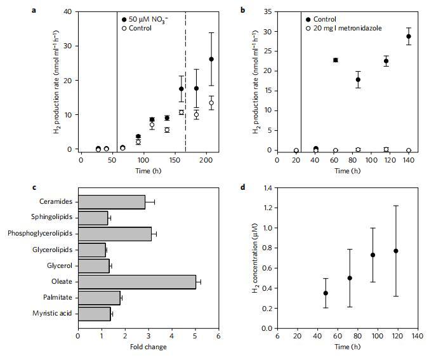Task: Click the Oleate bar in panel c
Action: (136, 281)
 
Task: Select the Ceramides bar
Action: (111, 202)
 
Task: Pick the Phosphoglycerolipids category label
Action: (39, 234)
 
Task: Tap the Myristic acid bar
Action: (94, 313)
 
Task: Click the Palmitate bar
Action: (99, 297)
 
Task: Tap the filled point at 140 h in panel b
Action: (408, 36)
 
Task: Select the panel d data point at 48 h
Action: (326, 293)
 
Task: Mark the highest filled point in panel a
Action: (211, 59)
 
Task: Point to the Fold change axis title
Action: (148, 347)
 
